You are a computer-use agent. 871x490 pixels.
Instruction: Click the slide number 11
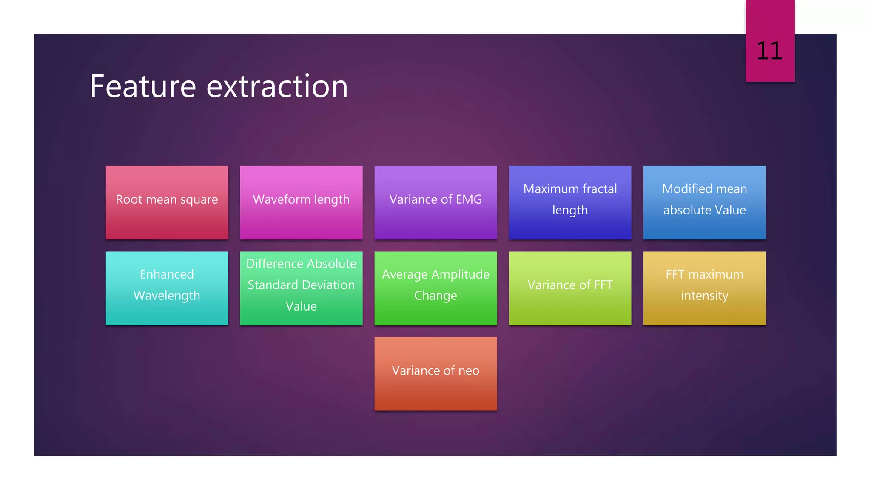[769, 51]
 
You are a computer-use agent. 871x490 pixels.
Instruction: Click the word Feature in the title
[143, 86]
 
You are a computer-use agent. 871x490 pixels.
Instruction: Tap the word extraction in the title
[277, 86]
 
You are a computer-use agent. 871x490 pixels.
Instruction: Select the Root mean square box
[167, 202]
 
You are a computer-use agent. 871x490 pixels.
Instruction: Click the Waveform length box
[301, 202]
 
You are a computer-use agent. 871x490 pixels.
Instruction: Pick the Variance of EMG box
[435, 202]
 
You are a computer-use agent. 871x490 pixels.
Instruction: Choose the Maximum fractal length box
[570, 202]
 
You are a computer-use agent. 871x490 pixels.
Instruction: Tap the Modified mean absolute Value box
[704, 202]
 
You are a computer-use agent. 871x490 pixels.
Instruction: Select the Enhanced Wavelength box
[167, 288]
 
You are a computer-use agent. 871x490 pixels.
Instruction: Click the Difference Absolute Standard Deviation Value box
[301, 288]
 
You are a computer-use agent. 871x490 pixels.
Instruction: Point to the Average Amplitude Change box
[435, 288]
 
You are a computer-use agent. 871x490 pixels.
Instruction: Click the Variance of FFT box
[570, 288]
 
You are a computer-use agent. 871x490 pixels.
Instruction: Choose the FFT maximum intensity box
[704, 288]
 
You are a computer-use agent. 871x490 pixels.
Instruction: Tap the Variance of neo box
[435, 373]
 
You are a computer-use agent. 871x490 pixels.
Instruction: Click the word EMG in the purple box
[469, 199]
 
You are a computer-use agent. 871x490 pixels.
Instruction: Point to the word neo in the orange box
[469, 370]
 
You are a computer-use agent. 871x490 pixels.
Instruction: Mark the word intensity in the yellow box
[704, 296]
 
